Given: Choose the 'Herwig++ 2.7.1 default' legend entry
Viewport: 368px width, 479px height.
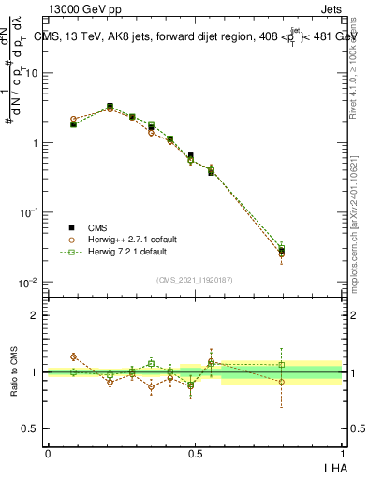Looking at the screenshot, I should pos(124,239).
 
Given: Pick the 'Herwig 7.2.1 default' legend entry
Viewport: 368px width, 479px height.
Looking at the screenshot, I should pos(121,252).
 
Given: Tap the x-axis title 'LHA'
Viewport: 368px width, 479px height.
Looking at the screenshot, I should pos(333,466).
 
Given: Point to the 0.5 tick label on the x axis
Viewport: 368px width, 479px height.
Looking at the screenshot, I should pos(195,453).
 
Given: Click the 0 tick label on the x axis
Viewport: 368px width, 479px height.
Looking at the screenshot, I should pos(48,453).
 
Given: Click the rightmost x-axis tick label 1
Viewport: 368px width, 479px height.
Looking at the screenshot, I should pos(343,453).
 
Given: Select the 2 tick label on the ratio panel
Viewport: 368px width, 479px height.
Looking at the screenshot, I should pos(35,315).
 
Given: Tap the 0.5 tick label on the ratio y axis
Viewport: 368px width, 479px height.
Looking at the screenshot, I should pos(30,428).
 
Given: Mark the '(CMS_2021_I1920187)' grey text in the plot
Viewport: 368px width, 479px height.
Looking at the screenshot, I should pos(195,279).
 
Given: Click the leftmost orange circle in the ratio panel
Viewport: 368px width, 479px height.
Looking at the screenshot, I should pos(73,356).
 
